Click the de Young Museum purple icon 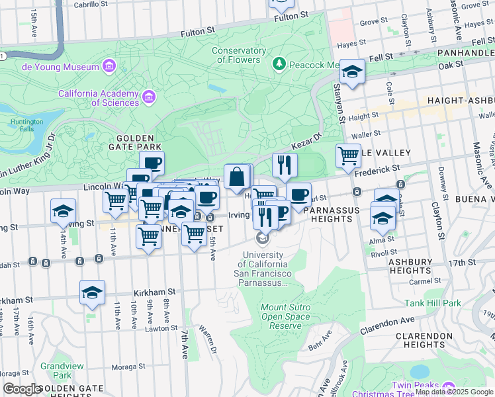tap(109, 66)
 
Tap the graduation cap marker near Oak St tap(352, 72)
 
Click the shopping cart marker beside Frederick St tap(348, 157)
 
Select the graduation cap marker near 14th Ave tap(64, 212)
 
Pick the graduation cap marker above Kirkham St tap(92, 293)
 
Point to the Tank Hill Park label tap(433, 303)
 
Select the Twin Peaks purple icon tap(449, 386)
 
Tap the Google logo tap(22, 389)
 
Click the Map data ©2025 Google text tap(453, 392)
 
